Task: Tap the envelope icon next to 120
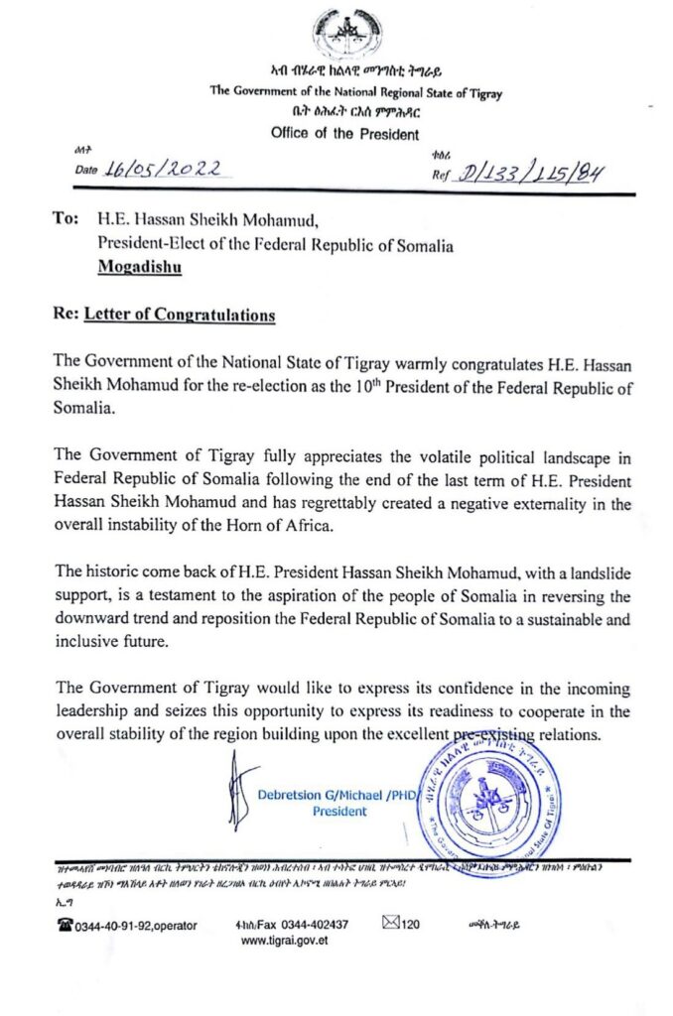(x=390, y=924)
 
